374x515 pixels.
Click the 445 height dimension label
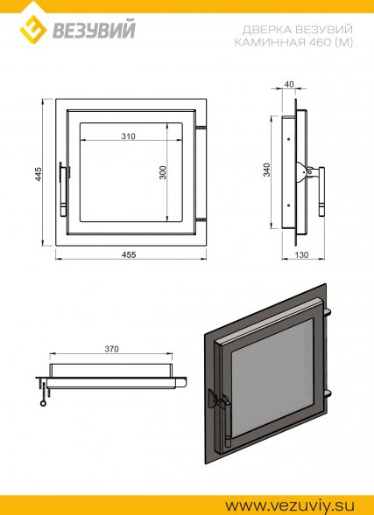[x=39, y=173]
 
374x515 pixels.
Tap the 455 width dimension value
[x=129, y=254]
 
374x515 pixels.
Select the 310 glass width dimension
[x=128, y=136]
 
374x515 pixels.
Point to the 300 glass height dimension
[x=163, y=172]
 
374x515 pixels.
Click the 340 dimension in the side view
[x=267, y=170]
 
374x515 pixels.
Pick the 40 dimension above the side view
[x=288, y=85]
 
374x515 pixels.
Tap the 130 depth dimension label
[x=300, y=254]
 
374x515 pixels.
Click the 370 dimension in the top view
[x=111, y=349]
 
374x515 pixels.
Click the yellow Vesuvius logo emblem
[x=33, y=29]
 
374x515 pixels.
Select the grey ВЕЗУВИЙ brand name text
[x=94, y=31]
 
